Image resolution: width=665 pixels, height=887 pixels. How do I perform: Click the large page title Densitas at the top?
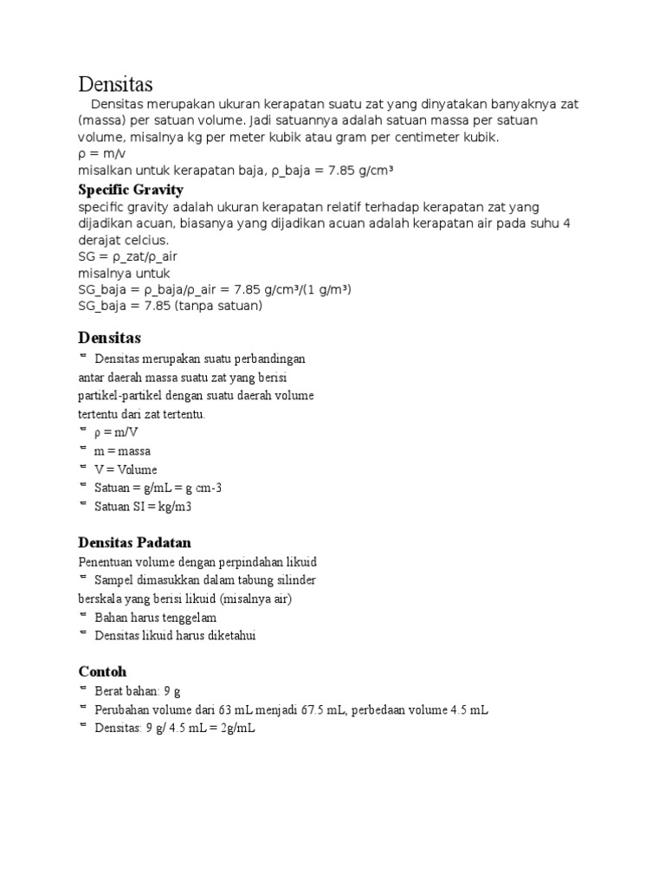(x=115, y=84)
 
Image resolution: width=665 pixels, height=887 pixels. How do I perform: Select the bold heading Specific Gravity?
(x=131, y=190)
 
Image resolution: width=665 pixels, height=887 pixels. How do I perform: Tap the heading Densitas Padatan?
(x=134, y=542)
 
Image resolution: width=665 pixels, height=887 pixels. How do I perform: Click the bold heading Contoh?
(x=102, y=671)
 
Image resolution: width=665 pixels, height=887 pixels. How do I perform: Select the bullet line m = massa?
(x=122, y=451)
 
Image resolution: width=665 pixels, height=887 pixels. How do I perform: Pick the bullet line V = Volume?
(x=126, y=469)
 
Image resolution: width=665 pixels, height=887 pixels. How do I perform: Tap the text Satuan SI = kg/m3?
(x=142, y=507)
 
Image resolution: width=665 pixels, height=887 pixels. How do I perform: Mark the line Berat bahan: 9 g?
(x=138, y=691)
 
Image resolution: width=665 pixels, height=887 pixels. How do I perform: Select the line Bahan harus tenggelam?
(x=156, y=618)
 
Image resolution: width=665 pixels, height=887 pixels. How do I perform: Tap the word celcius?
(x=146, y=240)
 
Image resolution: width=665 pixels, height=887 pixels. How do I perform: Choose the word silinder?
(x=294, y=579)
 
